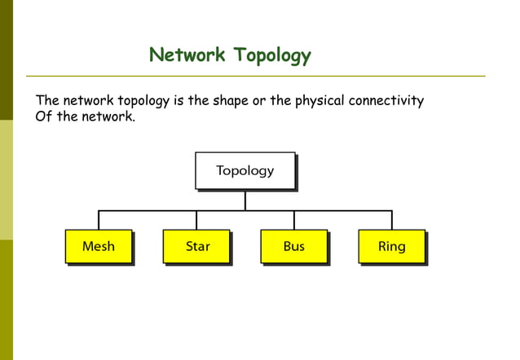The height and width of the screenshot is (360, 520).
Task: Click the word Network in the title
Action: point(187,55)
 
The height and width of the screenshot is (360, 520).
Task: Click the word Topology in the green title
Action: point(272,56)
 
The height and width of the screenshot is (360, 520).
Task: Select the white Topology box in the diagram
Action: point(245,170)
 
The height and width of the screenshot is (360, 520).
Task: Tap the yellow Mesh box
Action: point(99,246)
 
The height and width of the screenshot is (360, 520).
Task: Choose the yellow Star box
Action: point(196,246)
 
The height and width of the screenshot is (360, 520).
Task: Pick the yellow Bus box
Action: point(294,246)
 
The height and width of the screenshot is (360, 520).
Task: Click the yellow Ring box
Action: point(391,246)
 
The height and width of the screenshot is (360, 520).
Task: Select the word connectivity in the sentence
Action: point(386,101)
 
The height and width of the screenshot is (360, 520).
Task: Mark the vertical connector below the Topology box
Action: point(245,200)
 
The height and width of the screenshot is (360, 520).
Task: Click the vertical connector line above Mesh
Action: point(99,220)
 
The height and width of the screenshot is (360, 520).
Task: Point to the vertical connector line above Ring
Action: point(392,220)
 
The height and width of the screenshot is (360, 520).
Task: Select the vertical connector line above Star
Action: point(196,220)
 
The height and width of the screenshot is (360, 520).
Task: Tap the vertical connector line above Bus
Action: point(294,220)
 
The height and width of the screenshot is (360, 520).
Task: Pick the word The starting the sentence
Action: point(47,101)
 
